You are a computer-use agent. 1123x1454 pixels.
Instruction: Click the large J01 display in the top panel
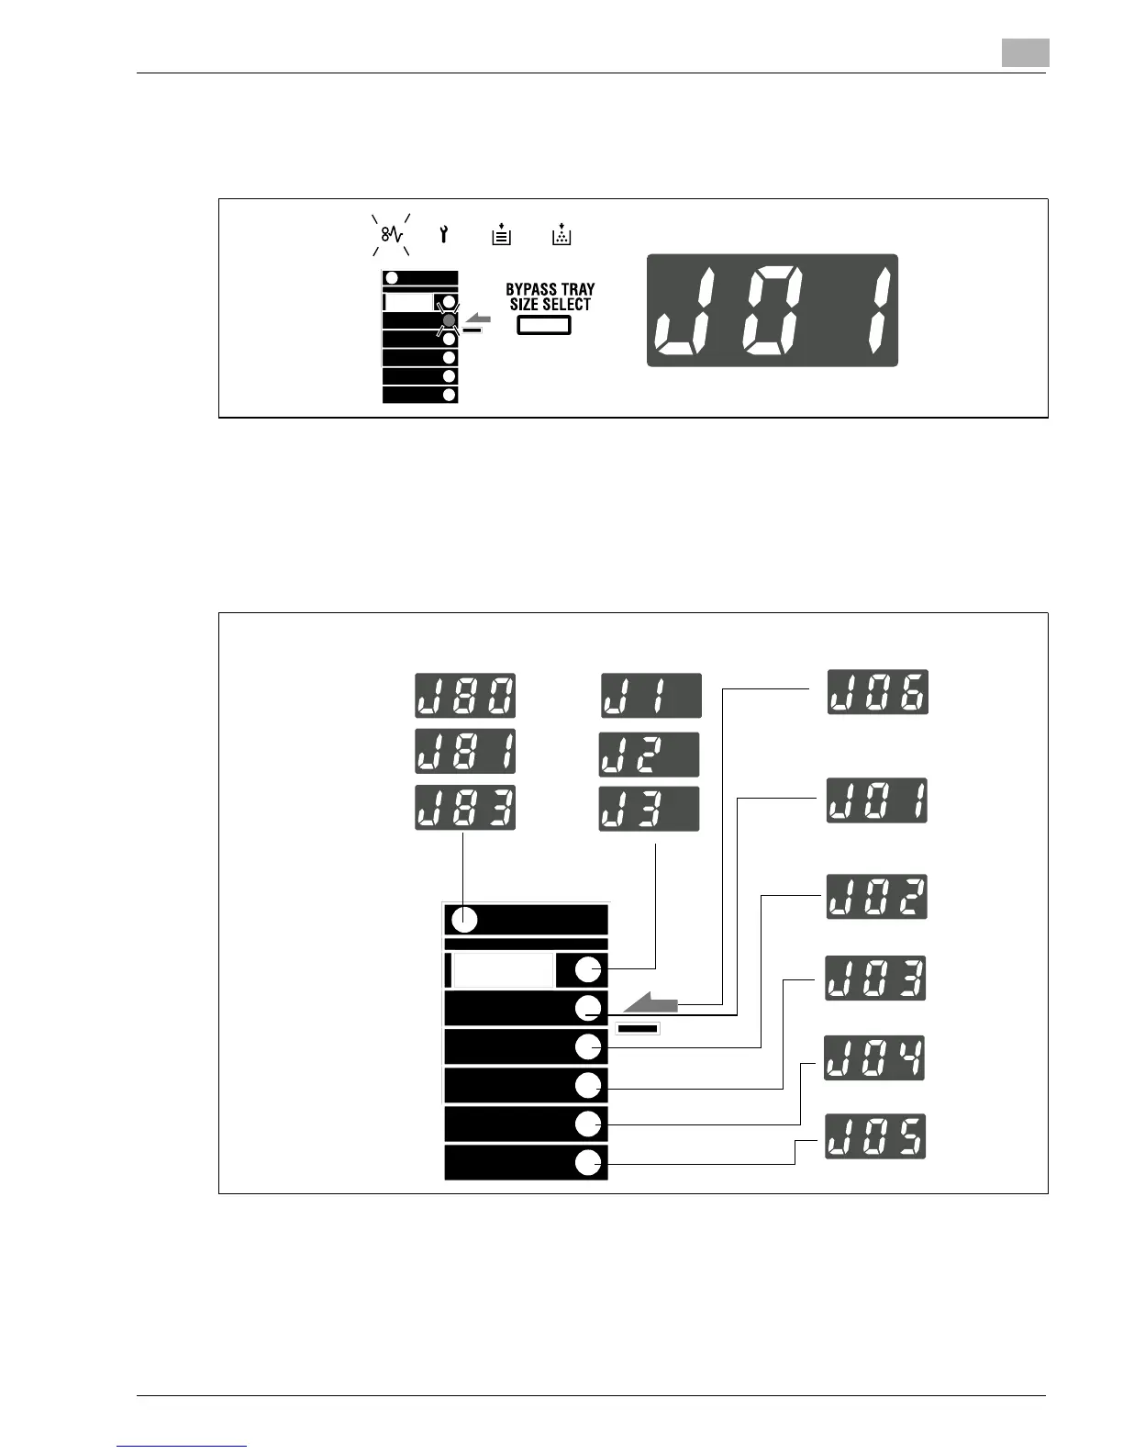773,310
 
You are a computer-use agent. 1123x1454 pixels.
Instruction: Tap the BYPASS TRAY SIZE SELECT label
550,296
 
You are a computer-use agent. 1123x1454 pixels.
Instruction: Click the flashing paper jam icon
392,235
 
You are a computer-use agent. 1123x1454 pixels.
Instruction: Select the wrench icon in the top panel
444,235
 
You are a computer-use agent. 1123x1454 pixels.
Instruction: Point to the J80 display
465,696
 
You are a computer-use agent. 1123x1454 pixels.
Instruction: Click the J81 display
465,752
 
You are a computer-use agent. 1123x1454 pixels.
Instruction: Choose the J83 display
465,808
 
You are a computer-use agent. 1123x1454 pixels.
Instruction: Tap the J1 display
651,696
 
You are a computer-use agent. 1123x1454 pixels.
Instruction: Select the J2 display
649,755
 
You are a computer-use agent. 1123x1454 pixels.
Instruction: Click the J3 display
649,809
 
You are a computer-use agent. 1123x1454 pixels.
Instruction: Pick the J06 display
878,692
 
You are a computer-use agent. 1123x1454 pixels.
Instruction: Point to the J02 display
877,897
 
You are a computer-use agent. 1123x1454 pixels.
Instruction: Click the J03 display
876,978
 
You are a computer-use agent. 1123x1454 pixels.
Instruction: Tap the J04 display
874,1057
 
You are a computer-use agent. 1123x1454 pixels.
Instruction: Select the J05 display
875,1136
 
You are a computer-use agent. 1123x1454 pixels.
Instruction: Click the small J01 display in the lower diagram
877,800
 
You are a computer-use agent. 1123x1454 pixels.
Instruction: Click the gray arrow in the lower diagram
650,1003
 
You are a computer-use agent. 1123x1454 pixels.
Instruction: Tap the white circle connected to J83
464,919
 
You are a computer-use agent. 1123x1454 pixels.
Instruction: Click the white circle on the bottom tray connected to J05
587,1162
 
